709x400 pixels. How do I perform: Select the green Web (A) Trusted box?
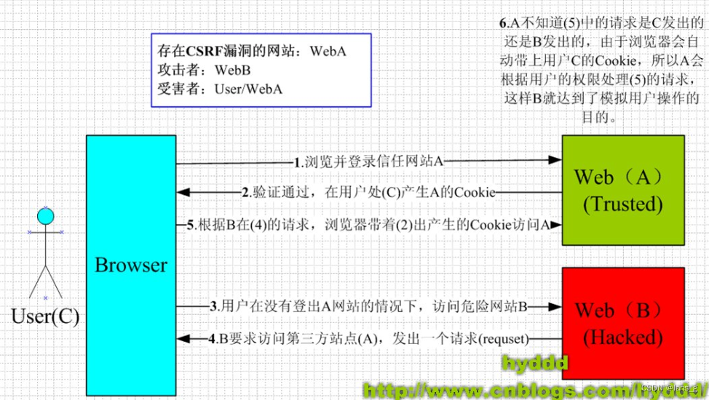tap(622, 190)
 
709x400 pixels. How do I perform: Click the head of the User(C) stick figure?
tap(46, 215)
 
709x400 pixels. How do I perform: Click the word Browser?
tap(130, 265)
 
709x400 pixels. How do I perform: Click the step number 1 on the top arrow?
tap(297, 161)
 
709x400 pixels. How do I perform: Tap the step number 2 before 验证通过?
tap(246, 193)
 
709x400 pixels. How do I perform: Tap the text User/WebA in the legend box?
tap(248, 89)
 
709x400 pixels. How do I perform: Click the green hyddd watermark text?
tap(535, 363)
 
